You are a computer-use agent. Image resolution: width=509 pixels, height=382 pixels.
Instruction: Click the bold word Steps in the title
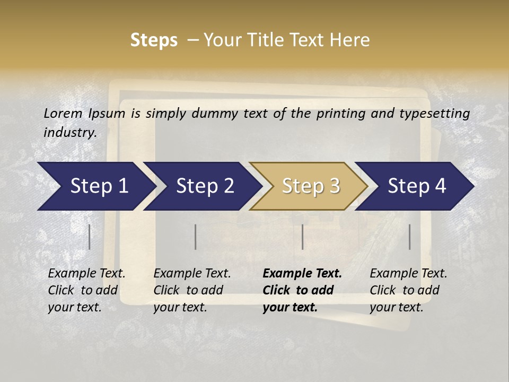click(x=154, y=40)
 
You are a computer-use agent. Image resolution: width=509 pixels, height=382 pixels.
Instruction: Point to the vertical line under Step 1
click(x=90, y=237)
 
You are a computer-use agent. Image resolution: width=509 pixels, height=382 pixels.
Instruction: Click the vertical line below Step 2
click(x=196, y=237)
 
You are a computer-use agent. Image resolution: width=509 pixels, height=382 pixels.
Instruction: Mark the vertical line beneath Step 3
click(x=302, y=237)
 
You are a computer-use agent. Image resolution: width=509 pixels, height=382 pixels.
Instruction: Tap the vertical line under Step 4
click(x=409, y=237)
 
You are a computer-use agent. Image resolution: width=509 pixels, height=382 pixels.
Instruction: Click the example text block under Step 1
click(x=86, y=290)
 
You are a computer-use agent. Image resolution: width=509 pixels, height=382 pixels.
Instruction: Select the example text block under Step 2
click(x=192, y=290)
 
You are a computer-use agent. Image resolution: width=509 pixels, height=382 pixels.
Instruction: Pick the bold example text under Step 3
click(x=302, y=290)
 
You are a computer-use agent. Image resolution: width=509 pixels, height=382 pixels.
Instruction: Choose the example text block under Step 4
click(x=408, y=290)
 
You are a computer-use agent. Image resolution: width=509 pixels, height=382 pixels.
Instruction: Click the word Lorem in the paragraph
click(x=63, y=114)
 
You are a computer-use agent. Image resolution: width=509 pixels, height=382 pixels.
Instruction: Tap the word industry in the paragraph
click(x=69, y=132)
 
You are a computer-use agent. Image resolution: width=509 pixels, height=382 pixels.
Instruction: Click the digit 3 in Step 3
click(x=334, y=186)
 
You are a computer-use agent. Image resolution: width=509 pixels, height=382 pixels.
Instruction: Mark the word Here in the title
click(x=352, y=40)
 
